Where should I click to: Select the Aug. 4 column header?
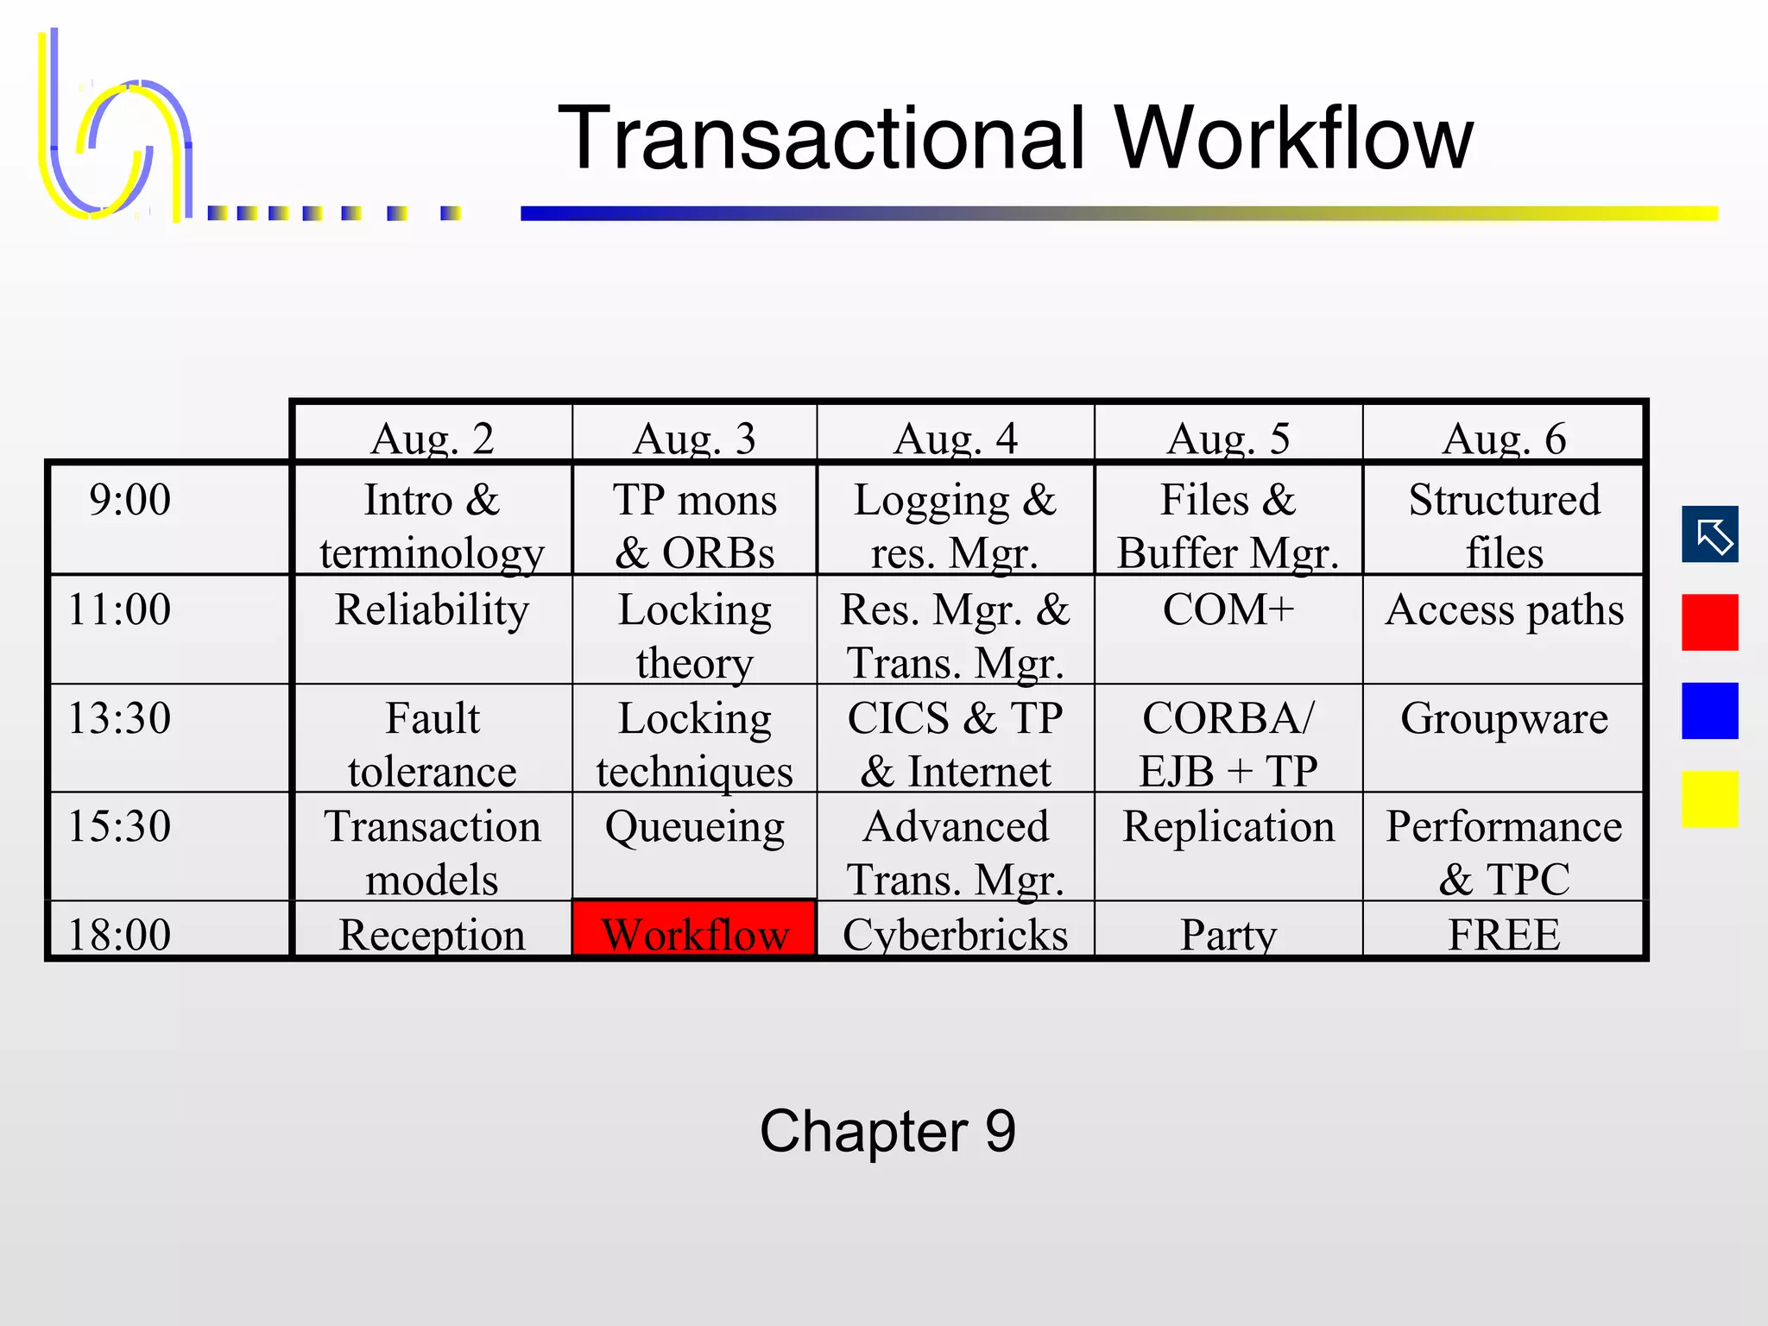(x=955, y=438)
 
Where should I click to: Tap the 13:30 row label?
(x=120, y=718)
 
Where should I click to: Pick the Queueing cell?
(x=694, y=827)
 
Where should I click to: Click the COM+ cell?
(x=1228, y=609)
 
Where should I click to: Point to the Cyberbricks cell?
(x=955, y=934)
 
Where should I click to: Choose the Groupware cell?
(x=1504, y=718)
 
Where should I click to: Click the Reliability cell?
(x=432, y=609)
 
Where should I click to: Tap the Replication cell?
(x=1228, y=827)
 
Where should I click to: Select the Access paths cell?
(x=1504, y=609)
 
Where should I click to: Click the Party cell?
(x=1228, y=934)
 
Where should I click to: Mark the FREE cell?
(x=1504, y=934)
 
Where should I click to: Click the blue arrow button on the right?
(x=1709, y=534)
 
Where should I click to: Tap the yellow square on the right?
(x=1709, y=799)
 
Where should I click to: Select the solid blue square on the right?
(x=1709, y=710)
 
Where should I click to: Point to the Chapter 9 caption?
(x=887, y=1131)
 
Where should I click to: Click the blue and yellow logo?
(x=117, y=129)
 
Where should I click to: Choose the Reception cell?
(x=432, y=934)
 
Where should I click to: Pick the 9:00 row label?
(x=129, y=500)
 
